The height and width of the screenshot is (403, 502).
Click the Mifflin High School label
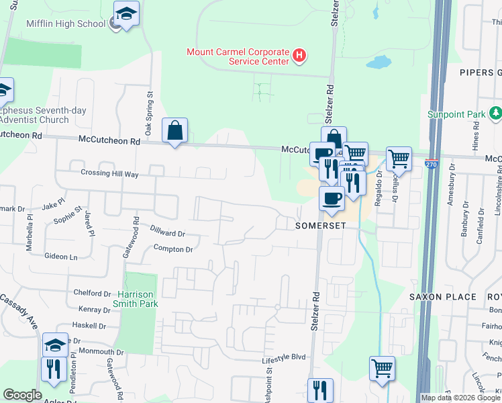click(x=66, y=24)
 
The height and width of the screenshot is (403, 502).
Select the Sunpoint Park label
click(x=456, y=114)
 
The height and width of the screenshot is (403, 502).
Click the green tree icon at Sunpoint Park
click(x=495, y=112)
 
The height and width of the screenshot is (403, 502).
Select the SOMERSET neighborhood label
click(x=321, y=226)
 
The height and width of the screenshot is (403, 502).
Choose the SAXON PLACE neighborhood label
click(x=443, y=296)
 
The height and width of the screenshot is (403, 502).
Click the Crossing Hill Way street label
click(x=109, y=174)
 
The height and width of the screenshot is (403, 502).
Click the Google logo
click(x=22, y=395)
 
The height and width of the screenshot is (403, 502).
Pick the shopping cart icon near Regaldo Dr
click(x=399, y=159)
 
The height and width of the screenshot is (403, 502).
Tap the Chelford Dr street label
click(x=92, y=294)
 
